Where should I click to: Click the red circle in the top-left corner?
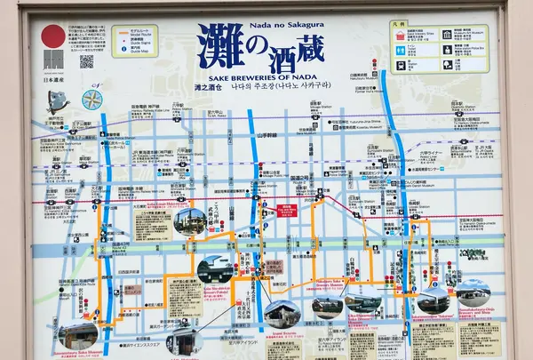[x=53, y=36]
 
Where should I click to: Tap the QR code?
[x=86, y=61]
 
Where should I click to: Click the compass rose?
[x=91, y=99]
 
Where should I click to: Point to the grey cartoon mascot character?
[x=59, y=100]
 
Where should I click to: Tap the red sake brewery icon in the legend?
[x=402, y=36]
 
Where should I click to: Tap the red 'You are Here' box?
[x=287, y=211]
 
